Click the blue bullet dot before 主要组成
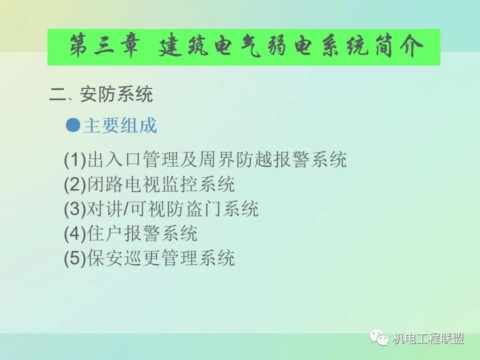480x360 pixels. click(73, 125)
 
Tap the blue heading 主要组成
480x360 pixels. click(120, 125)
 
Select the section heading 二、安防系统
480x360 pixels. click(101, 94)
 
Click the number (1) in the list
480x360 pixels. click(75, 160)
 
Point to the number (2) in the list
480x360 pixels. click(75, 184)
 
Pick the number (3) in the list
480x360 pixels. click(75, 209)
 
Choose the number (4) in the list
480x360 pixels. click(75, 233)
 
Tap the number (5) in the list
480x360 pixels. click(75, 258)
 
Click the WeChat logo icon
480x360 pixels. click(379, 338)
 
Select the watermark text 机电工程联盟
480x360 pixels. click(428, 338)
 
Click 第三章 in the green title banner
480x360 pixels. click(104, 46)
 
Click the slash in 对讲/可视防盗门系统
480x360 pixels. click(126, 209)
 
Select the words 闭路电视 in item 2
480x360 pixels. click(124, 184)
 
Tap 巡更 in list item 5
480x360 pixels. click(142, 258)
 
